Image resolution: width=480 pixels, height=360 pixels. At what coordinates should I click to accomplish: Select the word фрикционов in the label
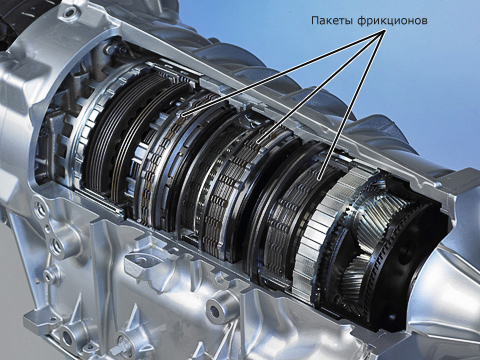(392, 21)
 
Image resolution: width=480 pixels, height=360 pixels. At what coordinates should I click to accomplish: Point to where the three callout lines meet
(385, 29)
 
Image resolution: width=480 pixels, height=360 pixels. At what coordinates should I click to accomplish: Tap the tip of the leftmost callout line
(183, 116)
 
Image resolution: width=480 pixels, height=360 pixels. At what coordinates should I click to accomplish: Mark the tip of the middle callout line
(257, 143)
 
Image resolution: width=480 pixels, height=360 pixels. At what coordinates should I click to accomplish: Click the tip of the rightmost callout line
(319, 180)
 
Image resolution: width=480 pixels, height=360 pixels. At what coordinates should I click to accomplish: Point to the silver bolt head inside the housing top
(109, 50)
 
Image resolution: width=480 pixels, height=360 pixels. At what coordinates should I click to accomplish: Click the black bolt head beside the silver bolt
(122, 50)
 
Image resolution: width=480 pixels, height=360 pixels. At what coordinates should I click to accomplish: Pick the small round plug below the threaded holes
(49, 274)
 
